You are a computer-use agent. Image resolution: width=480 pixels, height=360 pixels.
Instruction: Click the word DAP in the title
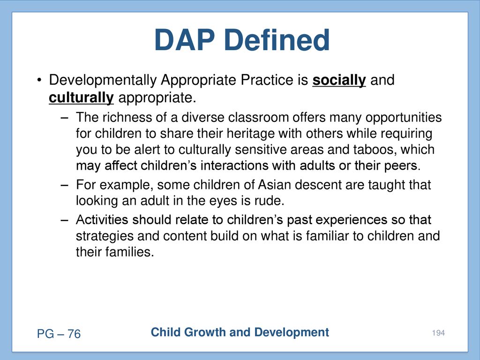pos(184,40)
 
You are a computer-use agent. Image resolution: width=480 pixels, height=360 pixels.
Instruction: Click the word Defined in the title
pos(277,40)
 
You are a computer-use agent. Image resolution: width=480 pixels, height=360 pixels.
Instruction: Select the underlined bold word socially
pos(339,81)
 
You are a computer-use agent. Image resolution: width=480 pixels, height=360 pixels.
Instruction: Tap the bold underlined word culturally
pos(81,98)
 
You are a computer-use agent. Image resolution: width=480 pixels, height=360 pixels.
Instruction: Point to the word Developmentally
pos(103,81)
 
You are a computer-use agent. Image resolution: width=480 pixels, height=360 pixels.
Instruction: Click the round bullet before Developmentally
pos(39,81)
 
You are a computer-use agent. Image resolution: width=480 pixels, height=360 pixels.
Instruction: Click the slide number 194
pos(438,333)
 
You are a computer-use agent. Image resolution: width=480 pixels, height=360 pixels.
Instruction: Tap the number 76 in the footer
pos(74,334)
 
